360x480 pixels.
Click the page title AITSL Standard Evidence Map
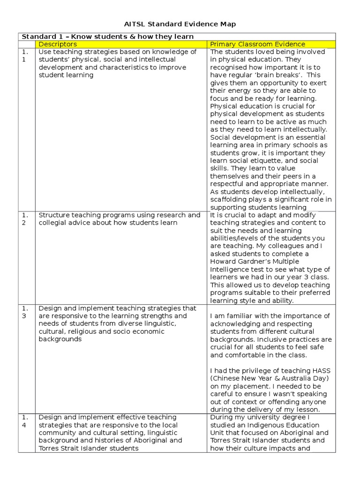[180, 24]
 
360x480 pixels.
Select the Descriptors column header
[58, 44]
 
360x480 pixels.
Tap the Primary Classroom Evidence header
[257, 44]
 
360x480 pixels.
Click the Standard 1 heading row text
[107, 37]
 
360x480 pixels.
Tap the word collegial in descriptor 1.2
[54, 223]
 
